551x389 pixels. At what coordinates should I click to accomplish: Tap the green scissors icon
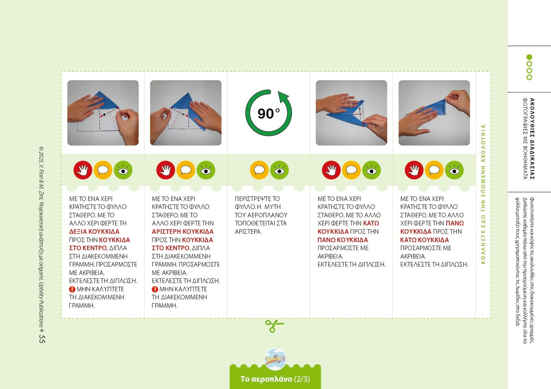[274, 326]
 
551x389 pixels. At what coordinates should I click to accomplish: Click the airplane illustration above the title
[275, 359]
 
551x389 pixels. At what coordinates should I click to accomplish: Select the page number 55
[42, 339]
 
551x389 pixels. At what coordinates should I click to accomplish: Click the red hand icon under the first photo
[83, 170]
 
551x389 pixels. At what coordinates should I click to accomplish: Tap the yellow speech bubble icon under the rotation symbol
[259, 170]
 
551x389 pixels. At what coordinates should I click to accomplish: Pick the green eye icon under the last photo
[454, 170]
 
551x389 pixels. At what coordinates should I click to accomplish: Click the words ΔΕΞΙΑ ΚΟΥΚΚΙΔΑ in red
[94, 231]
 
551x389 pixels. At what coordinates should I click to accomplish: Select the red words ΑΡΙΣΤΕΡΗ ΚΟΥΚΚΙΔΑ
[182, 231]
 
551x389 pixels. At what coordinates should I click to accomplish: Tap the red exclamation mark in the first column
[72, 289]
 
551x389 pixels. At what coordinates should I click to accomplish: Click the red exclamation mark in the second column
[155, 289]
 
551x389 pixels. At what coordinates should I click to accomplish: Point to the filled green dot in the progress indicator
[529, 57]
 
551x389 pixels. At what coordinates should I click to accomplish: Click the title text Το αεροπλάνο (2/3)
[275, 379]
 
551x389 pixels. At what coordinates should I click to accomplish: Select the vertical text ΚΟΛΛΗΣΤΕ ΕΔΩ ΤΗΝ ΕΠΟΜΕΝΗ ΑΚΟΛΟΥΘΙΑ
[483, 194]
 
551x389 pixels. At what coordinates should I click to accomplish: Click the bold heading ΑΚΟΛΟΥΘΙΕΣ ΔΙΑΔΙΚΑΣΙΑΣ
[532, 139]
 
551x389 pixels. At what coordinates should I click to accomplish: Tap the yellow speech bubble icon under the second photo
[186, 170]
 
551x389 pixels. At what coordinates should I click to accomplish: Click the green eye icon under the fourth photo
[371, 170]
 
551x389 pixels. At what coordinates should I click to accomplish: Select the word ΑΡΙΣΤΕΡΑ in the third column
[248, 231]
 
